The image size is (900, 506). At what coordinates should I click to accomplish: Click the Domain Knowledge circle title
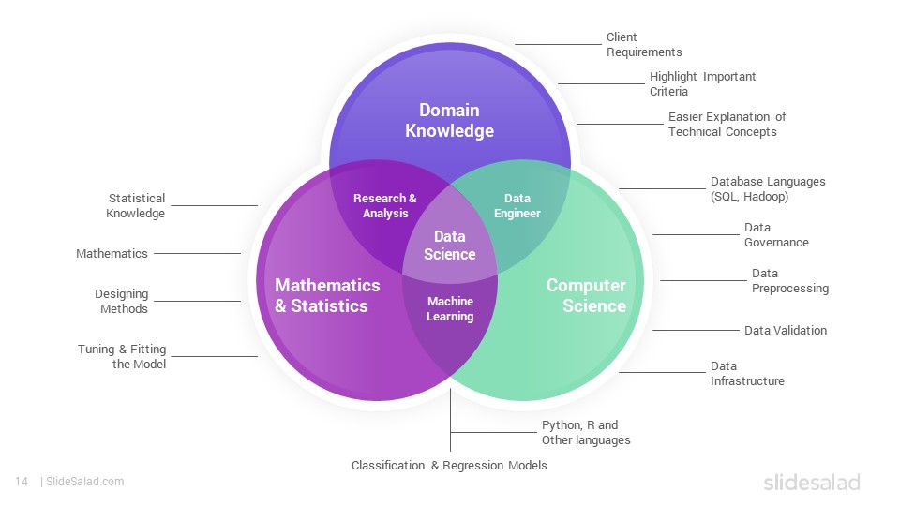pyautogui.click(x=449, y=121)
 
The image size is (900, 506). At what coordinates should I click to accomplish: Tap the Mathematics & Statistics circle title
pyautogui.click(x=327, y=295)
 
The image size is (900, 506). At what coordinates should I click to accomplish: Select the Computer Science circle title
pyautogui.click(x=586, y=295)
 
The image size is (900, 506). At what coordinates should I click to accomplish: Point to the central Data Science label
pyautogui.click(x=449, y=245)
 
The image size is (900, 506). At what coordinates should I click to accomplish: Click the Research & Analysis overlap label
pyautogui.click(x=385, y=205)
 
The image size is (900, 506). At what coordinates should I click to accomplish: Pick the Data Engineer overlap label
pyautogui.click(x=517, y=205)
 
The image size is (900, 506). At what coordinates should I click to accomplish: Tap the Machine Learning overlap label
pyautogui.click(x=450, y=308)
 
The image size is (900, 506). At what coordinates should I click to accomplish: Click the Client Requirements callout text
pyautogui.click(x=644, y=45)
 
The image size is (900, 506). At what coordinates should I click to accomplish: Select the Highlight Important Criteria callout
pyautogui.click(x=702, y=83)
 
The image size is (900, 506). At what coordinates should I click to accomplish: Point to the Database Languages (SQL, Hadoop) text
pyautogui.click(x=768, y=188)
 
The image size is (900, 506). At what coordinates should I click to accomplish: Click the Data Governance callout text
pyautogui.click(x=776, y=234)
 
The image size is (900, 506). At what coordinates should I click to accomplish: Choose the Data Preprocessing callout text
pyautogui.click(x=789, y=280)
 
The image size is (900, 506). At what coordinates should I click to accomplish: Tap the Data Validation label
pyautogui.click(x=786, y=331)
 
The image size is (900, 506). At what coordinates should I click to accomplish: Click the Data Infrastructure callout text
pyautogui.click(x=747, y=374)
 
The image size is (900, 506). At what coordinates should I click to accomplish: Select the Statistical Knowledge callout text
pyautogui.click(x=135, y=205)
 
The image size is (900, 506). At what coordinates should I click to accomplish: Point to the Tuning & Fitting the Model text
pyautogui.click(x=122, y=356)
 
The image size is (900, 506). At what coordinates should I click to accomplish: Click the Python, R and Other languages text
pyautogui.click(x=585, y=433)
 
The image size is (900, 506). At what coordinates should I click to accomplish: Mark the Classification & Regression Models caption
pyautogui.click(x=449, y=466)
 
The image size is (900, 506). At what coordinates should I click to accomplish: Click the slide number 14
pyautogui.click(x=22, y=482)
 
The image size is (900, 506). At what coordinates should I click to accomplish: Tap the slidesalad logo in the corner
pyautogui.click(x=812, y=482)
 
